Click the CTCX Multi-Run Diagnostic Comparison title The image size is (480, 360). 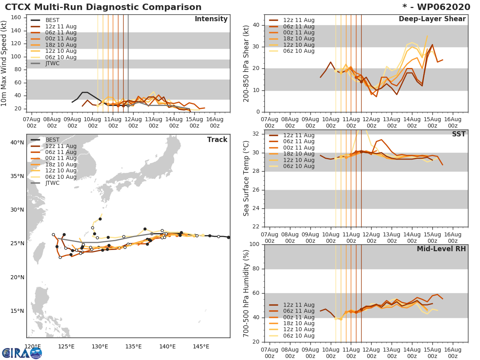[x=103, y=7]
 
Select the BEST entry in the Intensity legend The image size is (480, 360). [x=52, y=20]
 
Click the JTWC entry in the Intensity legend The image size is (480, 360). [x=52, y=63]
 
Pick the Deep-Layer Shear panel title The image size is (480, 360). [x=432, y=19]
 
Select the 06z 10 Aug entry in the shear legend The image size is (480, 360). [x=299, y=51]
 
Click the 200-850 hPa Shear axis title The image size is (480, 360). [x=247, y=63]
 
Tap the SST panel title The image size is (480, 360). [x=458, y=134]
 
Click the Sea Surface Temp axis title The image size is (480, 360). [x=247, y=178]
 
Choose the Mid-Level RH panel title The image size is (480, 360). [x=441, y=249]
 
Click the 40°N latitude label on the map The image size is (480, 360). [x=17, y=142]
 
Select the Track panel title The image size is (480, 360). [x=217, y=140]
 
